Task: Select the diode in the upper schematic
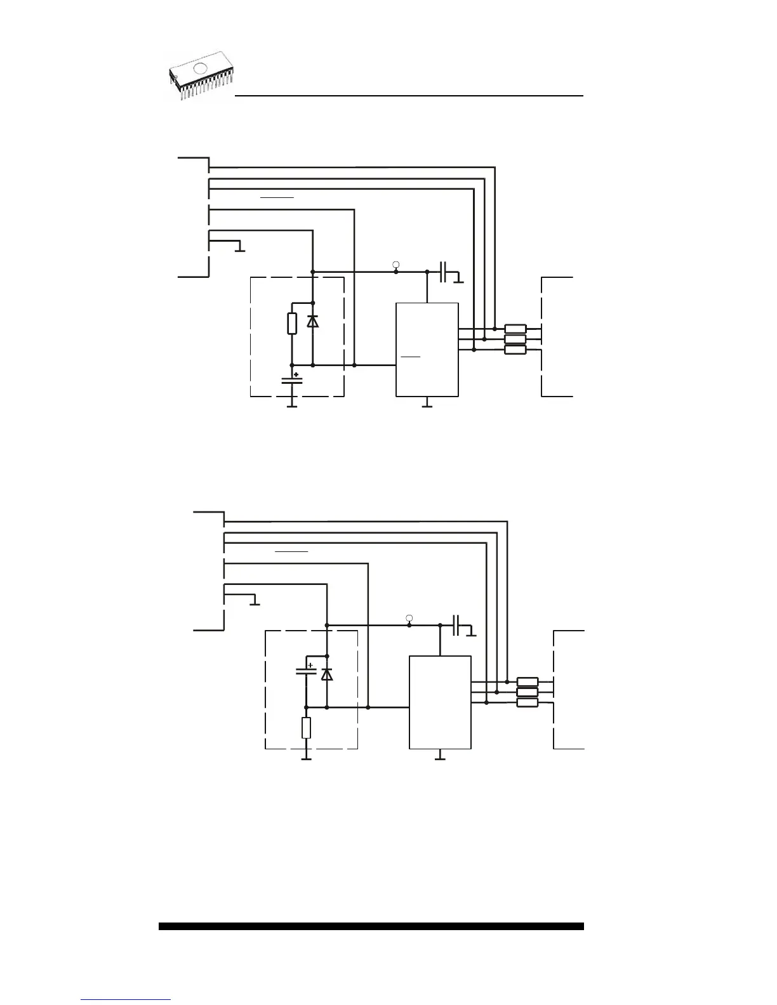click(312, 321)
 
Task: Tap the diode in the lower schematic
click(326, 674)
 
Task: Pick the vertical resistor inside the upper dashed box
click(292, 323)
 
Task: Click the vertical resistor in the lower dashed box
click(306, 727)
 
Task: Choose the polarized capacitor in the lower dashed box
click(306, 670)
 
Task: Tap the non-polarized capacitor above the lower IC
click(458, 625)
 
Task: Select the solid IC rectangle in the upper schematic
click(427, 350)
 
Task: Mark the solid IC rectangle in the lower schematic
click(440, 702)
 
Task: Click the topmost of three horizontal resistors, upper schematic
click(515, 329)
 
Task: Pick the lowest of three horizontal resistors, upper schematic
click(515, 350)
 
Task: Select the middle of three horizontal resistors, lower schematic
click(528, 692)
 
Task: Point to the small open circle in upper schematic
click(396, 263)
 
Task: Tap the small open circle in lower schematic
click(409, 617)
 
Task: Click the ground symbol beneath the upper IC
click(427, 405)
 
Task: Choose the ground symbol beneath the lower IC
click(440, 758)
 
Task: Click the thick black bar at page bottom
click(371, 926)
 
